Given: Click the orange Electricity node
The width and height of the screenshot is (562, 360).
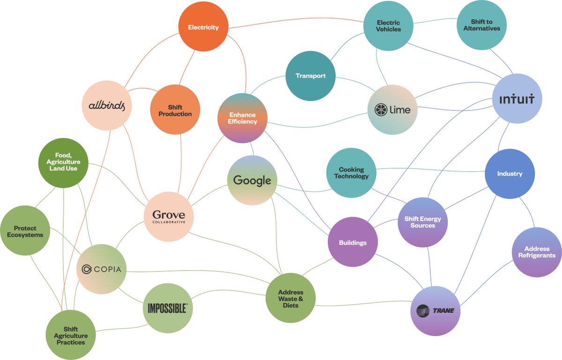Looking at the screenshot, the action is tap(203, 27).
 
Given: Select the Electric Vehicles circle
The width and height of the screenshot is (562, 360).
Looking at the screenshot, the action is tap(389, 26).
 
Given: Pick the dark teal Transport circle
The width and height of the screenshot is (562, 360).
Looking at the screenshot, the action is tap(311, 76).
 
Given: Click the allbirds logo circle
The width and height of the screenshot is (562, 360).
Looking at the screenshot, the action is tap(107, 105).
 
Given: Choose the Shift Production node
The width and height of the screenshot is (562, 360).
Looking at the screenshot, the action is tap(175, 110).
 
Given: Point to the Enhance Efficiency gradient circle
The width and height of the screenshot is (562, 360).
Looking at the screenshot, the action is tap(243, 118).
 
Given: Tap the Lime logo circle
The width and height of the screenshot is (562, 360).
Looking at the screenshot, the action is tap(392, 110).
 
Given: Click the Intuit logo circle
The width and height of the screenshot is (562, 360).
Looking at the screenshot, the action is tap(517, 99).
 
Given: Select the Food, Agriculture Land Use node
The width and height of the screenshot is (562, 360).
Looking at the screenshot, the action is tap(63, 162).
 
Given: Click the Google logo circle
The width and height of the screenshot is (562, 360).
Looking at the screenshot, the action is tap(252, 180).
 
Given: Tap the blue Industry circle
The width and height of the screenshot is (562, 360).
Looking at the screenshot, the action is tap(510, 174).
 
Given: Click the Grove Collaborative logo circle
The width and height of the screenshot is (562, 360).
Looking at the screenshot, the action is tap(169, 216).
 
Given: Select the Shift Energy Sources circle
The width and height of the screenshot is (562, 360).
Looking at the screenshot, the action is tap(422, 222).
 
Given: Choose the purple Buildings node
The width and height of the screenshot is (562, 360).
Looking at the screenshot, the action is tap(353, 242).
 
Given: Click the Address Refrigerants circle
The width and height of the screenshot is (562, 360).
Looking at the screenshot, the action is tap(537, 252).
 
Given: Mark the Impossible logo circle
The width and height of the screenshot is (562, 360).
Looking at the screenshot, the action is tap(168, 308).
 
